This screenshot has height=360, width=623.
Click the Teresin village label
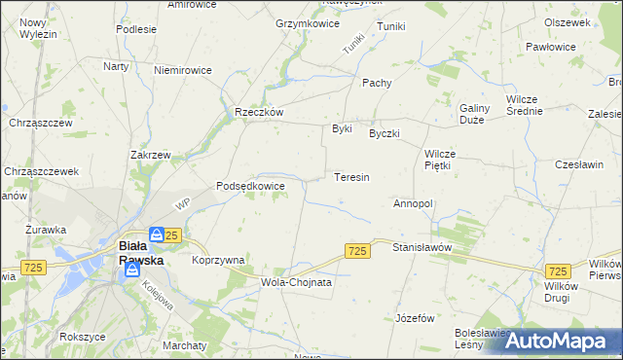350,178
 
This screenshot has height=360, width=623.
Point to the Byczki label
385,133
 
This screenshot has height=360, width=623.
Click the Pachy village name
377,83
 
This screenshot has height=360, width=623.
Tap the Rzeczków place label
258,112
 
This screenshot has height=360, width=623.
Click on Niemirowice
183,70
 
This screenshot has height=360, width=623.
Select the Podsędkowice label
250,186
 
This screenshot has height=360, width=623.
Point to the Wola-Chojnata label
297,282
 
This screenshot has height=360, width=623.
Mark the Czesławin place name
580,164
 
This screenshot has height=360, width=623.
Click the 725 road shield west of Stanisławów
357,252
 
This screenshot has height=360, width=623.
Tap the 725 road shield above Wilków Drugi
558,271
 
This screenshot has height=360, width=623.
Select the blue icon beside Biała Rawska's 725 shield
157,234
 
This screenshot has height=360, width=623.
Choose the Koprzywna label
218,260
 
